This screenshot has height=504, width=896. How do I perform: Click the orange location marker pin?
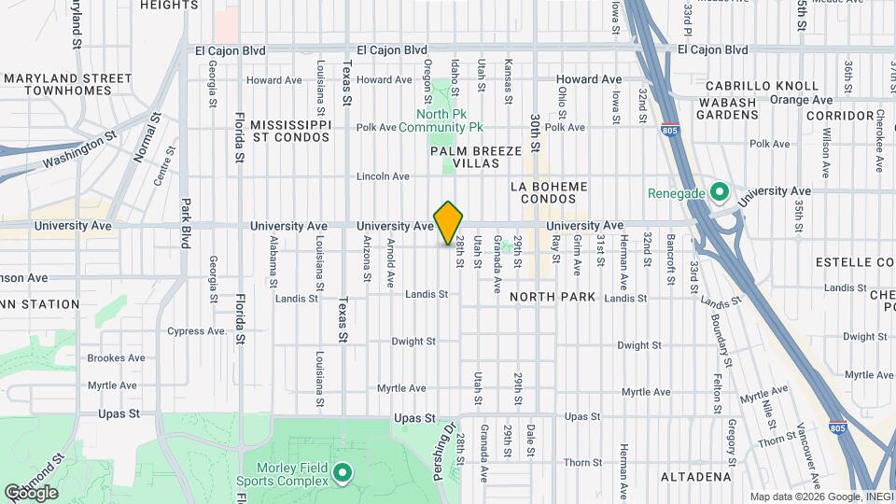(449, 223)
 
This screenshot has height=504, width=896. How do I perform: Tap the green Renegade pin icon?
(719, 193)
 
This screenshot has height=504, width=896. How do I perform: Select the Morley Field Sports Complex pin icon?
(342, 474)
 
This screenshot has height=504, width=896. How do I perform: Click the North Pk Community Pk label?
(441, 120)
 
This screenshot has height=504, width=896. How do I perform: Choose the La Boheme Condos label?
(550, 192)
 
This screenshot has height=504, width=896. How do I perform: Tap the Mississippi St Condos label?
(290, 131)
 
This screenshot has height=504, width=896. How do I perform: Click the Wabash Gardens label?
(727, 107)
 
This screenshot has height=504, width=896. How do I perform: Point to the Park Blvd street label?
(185, 221)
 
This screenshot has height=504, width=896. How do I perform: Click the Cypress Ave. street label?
(197, 331)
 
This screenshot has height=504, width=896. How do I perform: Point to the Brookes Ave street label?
(116, 357)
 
